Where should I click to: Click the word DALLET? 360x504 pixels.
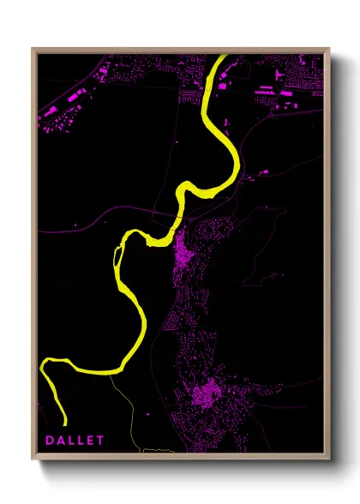75,440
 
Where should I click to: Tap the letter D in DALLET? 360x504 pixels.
51,440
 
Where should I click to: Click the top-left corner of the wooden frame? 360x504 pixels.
33,49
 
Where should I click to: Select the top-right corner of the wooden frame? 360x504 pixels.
330,49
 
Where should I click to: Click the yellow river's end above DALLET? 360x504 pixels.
64,422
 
